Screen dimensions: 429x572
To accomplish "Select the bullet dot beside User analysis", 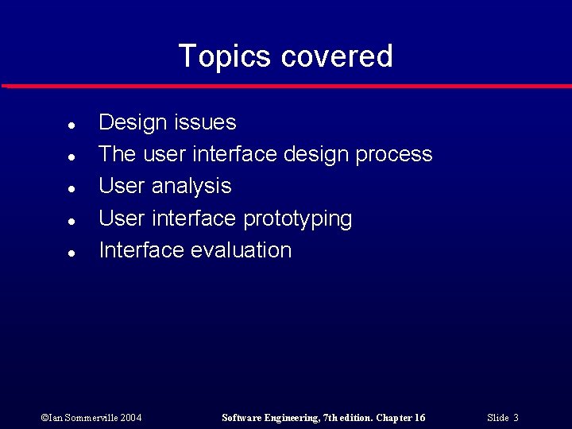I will (71, 189).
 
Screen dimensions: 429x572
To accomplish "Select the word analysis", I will (191, 187).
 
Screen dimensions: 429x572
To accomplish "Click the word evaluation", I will (241, 250).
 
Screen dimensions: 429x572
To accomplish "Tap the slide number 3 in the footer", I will (516, 418).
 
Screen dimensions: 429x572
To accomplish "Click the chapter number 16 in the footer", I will (419, 418).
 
